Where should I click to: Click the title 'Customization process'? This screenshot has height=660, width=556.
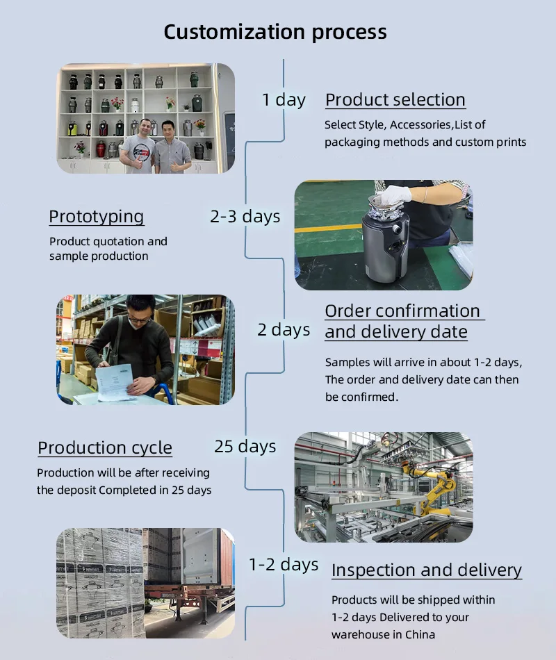coord(275,33)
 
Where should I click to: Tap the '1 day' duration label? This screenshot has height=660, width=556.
coord(284,100)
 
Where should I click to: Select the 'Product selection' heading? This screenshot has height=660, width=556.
coord(395,100)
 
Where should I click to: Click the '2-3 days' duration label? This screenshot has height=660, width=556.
coord(245,216)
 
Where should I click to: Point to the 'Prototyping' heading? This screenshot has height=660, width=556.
coord(97,217)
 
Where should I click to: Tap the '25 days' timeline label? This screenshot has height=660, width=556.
coord(245,447)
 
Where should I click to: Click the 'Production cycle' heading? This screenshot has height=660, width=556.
coord(105,448)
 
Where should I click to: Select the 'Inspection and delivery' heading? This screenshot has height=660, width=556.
coord(426,570)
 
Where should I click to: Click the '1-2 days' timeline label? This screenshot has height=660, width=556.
coord(284,564)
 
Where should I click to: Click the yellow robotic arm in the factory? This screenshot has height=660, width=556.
coord(432,488)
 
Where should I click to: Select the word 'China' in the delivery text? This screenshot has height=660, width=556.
coord(420,635)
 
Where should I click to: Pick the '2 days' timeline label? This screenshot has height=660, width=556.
coord(284,329)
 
